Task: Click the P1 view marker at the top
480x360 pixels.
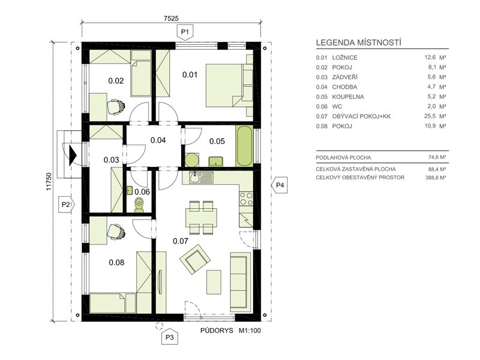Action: coord(185,32)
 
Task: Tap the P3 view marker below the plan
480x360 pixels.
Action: coord(169,337)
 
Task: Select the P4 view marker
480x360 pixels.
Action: coord(280,185)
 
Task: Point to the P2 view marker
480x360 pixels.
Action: coord(67,205)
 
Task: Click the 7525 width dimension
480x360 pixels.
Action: coord(171,19)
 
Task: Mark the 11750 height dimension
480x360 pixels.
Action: coord(49,182)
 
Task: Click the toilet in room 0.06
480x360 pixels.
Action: coord(139,205)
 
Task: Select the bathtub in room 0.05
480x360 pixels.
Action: coord(244,146)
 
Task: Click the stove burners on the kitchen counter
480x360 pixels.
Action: coord(246,199)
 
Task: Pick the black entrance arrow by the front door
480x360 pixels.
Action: coord(72,155)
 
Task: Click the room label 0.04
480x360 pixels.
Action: coord(158,140)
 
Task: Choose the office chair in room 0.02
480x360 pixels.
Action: coord(116,106)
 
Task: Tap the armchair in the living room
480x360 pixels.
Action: coord(194,259)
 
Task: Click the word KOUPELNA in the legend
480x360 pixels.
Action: coord(348,97)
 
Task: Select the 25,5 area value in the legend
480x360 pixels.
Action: coord(430,116)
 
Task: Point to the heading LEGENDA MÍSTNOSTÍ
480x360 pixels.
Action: coord(358,43)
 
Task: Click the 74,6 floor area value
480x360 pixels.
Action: coord(433,157)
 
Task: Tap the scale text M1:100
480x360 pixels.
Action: coord(250,331)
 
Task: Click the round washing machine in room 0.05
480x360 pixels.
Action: coord(192,160)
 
